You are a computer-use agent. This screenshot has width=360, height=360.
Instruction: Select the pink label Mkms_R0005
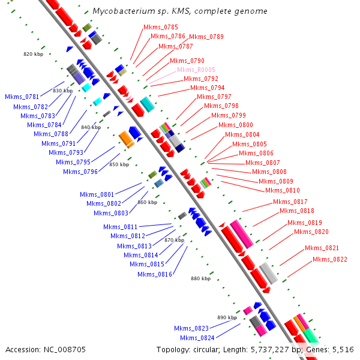pyautogui.click(x=196, y=70)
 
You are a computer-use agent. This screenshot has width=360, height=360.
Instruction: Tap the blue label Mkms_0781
pyautogui.click(x=22, y=97)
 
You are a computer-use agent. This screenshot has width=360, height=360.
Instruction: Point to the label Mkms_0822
pyautogui.click(x=329, y=259)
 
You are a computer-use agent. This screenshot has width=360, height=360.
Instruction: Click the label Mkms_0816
pyautogui.click(x=155, y=274)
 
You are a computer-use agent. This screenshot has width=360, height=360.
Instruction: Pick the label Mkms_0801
pyautogui.click(x=97, y=194)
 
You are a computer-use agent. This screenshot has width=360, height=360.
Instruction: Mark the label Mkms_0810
pyautogui.click(x=283, y=191)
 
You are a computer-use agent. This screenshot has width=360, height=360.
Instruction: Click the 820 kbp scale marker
pyautogui.click(x=33, y=54)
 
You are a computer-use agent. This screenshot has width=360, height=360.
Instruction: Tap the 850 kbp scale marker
pyautogui.click(x=119, y=164)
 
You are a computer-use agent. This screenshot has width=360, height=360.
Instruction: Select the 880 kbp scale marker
pyautogui.click(x=201, y=278)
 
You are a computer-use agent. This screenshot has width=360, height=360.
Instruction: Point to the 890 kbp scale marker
pyautogui.click(x=227, y=317)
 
